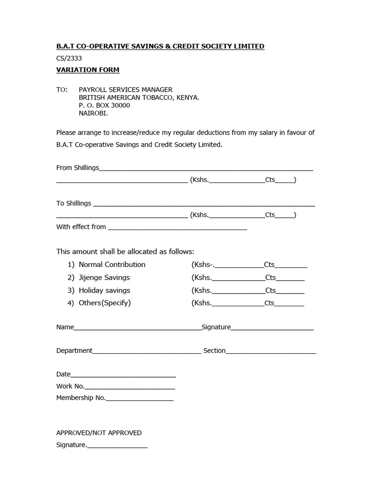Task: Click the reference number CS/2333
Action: [69, 58]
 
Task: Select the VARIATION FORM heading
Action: [87, 70]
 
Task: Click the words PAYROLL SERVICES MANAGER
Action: [125, 90]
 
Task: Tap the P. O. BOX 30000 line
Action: [104, 105]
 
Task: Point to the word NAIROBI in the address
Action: [93, 113]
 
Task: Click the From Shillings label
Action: [78, 168]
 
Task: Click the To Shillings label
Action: [74, 203]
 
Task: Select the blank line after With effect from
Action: [177, 228]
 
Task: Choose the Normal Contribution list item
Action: [112, 265]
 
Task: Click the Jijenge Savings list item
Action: [104, 278]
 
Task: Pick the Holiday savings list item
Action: [104, 290]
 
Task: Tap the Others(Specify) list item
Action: [104, 303]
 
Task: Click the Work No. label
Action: [70, 386]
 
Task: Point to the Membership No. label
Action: [81, 398]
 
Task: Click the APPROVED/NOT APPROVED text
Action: [99, 433]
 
